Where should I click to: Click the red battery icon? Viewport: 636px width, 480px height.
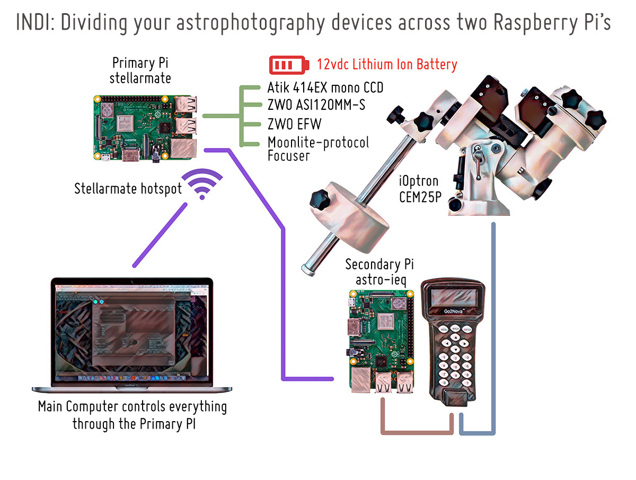(288, 65)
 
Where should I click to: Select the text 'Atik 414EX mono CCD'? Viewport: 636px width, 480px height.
(325, 87)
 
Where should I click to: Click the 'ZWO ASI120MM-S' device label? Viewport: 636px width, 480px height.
(316, 105)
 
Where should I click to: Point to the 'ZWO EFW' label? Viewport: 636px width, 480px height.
(294, 124)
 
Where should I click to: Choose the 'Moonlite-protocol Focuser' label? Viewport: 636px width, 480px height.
(318, 149)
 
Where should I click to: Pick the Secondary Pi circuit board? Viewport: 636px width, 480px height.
(381, 342)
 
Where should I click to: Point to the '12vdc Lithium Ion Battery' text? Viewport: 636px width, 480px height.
(386, 65)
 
